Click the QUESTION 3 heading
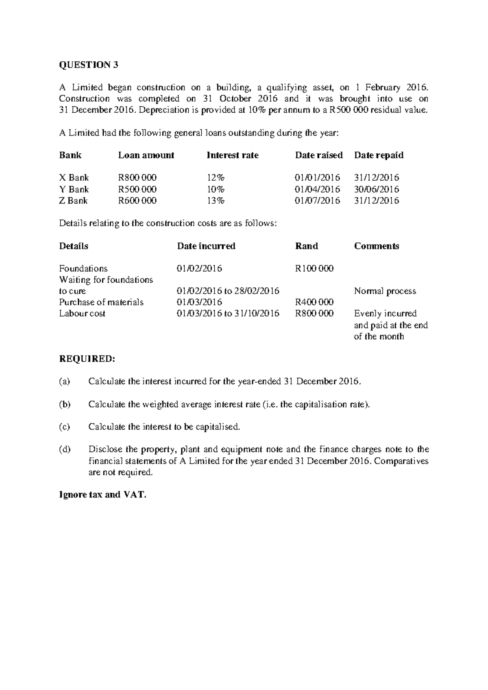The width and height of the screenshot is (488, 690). pyautogui.click(x=89, y=65)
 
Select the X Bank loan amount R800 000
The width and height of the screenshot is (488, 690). pyautogui.click(x=137, y=178)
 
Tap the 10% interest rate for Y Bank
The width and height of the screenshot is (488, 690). pyautogui.click(x=216, y=189)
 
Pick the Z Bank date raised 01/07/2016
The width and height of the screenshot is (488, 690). pyautogui.click(x=317, y=201)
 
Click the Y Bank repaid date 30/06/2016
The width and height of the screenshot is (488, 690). pyautogui.click(x=377, y=189)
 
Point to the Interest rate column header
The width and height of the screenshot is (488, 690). pyautogui.click(x=233, y=155)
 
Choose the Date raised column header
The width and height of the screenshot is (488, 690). pyautogui.click(x=319, y=155)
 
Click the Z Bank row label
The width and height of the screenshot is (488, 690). pyautogui.click(x=74, y=201)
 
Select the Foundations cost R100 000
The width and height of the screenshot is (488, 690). pyautogui.click(x=314, y=269)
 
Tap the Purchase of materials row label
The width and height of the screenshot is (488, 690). pyautogui.click(x=101, y=302)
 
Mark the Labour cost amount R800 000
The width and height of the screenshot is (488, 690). pyautogui.click(x=314, y=314)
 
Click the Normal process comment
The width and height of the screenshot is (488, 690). pyautogui.click(x=385, y=291)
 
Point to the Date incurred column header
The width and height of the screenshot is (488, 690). pyautogui.click(x=206, y=246)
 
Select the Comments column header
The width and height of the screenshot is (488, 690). pyautogui.click(x=376, y=246)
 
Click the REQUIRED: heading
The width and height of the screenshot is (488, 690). pyautogui.click(x=87, y=359)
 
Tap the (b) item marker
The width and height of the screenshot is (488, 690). pyautogui.click(x=65, y=404)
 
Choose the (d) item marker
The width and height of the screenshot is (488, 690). pyautogui.click(x=65, y=450)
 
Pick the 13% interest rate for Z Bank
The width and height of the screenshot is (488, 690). pyautogui.click(x=216, y=201)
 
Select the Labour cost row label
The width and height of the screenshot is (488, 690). pyautogui.click(x=82, y=314)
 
